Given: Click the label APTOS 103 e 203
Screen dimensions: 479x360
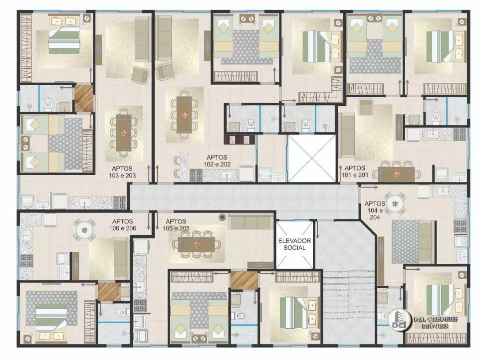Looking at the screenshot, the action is (122, 172).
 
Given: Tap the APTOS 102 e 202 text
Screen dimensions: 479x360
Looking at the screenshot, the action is (217, 161).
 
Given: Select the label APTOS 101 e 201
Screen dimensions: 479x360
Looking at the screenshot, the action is (355, 172).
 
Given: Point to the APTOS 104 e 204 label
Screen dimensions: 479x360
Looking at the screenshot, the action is (375, 210).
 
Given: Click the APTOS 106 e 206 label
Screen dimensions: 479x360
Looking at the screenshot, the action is (123, 225).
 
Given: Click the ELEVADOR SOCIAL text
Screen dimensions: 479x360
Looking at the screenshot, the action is (294, 244).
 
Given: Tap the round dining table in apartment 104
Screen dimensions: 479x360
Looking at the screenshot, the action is (396, 203).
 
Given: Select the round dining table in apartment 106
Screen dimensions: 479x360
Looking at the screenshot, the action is (84, 230).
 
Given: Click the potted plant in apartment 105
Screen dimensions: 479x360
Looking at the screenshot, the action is (222, 217).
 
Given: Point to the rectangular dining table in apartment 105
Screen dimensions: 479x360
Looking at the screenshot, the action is (196, 244).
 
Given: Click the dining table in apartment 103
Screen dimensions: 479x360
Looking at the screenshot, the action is (124, 133).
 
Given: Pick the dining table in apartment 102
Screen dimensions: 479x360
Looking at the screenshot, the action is (184, 115).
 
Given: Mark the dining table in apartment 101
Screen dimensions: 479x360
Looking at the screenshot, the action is (397, 175).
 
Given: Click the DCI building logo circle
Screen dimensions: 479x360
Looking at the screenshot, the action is (399, 320).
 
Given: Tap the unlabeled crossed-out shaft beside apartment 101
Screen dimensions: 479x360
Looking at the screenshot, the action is (311, 159).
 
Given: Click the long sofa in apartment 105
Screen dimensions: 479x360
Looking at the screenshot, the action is (250, 222).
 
